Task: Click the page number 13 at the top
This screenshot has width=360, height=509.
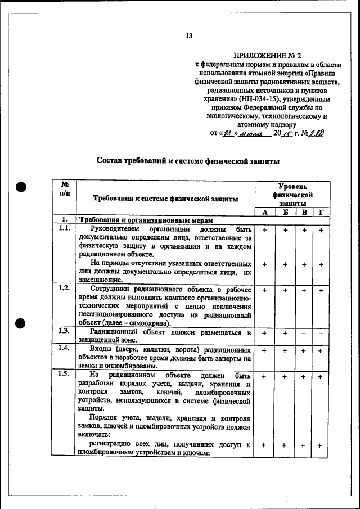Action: point(189,36)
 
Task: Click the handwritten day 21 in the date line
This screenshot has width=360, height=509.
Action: point(228,134)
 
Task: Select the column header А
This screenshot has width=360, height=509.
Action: point(264,212)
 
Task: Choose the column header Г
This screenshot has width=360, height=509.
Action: point(321,212)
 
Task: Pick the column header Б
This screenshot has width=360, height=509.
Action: point(285,212)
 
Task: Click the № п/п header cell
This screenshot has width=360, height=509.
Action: point(65,189)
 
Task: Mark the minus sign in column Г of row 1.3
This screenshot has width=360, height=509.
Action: point(321,334)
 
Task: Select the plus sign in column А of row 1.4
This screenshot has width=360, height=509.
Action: point(264,351)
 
